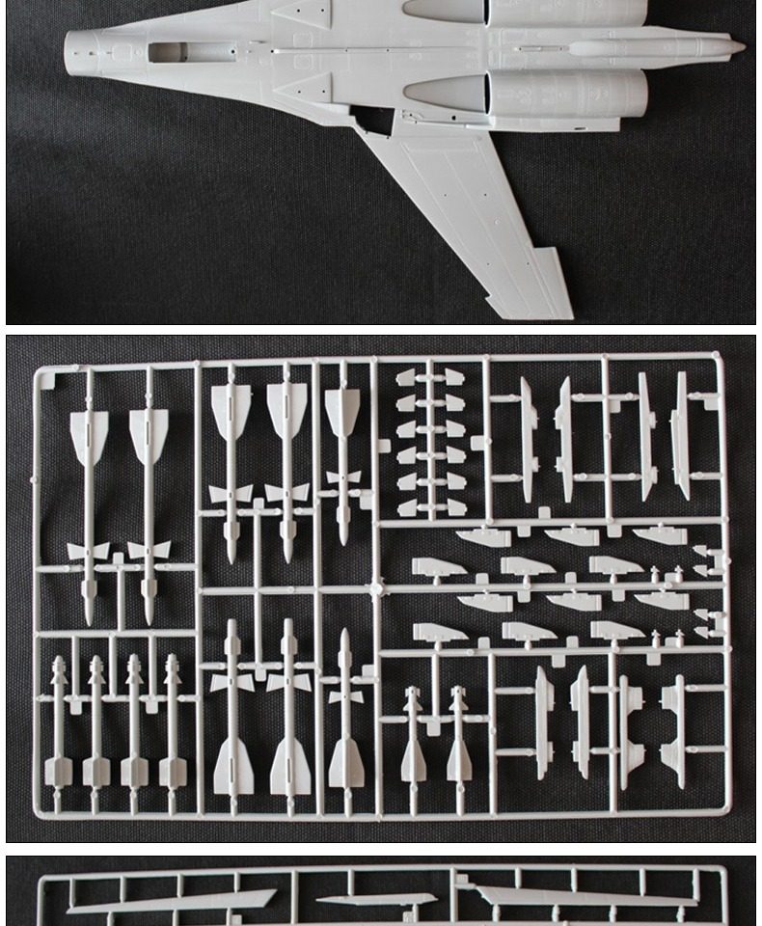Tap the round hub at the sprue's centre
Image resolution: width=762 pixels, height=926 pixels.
(377, 586)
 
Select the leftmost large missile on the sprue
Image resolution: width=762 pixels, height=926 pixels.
(89, 502)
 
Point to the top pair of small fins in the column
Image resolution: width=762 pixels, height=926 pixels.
(430, 377)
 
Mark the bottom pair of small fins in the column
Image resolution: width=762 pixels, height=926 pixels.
(430, 506)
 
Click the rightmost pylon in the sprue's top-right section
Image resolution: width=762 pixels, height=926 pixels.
(681, 436)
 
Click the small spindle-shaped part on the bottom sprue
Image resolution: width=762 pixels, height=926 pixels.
(377, 900)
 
